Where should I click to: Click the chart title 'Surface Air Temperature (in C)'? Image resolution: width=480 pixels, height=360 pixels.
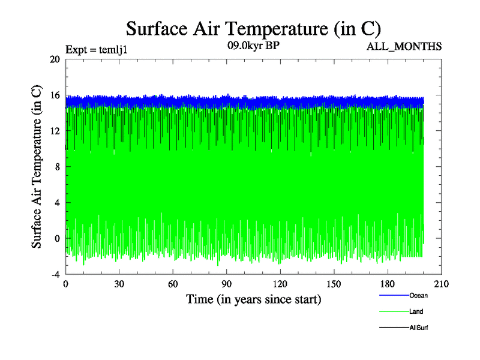tap(253, 29)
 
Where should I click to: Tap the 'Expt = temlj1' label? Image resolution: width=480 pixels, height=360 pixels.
tap(96, 50)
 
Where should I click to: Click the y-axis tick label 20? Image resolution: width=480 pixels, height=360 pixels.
tap(55, 59)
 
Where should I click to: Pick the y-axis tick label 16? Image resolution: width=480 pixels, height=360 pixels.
tap(55, 95)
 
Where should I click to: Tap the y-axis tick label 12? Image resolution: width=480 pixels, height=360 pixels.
tap(55, 131)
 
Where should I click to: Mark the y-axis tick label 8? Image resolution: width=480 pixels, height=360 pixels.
tap(56, 167)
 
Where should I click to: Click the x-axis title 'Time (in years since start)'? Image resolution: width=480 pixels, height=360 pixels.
tap(253, 299)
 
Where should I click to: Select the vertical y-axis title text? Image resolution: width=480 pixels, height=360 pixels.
tap(37, 167)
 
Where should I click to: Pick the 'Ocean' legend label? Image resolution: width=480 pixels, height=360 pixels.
tap(418, 295)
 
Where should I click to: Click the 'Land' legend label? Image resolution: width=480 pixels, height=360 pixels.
tap(416, 311)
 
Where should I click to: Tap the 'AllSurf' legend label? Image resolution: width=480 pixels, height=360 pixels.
tap(418, 328)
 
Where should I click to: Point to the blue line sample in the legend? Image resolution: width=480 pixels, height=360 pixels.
tap(394, 295)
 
